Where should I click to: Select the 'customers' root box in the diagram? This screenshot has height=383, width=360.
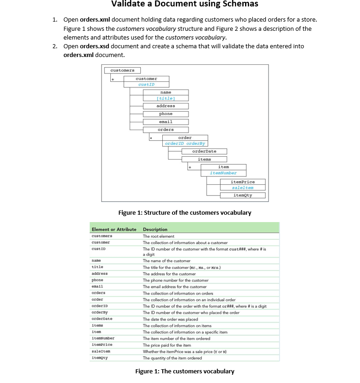(122, 70)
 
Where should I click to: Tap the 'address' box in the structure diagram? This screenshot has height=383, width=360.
(166, 106)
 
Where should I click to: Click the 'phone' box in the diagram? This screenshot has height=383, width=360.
(166, 114)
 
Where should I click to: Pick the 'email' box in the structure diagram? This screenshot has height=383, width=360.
(166, 121)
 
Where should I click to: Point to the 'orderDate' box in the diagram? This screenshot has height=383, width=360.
(204, 151)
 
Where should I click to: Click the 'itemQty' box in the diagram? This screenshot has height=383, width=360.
(243, 195)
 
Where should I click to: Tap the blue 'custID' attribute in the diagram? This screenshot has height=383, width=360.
(146, 85)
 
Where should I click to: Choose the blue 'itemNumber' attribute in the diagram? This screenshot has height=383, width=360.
(223, 173)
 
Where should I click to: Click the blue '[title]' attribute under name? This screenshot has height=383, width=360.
(166, 98)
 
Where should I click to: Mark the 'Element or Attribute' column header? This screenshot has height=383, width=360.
(114, 229)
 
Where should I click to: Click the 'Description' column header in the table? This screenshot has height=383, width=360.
(155, 229)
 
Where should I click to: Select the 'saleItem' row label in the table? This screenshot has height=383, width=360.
(102, 351)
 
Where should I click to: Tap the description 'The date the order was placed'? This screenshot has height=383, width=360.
(170, 319)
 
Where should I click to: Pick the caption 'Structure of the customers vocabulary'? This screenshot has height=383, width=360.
(185, 213)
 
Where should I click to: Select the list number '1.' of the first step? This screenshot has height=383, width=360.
(54, 20)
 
